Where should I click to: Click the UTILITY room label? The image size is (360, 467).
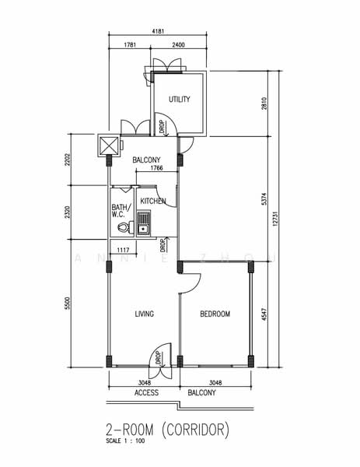180,100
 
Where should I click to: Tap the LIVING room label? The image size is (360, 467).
144,314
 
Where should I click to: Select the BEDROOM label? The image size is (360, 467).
215,314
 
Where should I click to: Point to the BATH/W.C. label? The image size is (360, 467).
120,211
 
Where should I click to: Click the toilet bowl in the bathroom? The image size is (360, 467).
121,228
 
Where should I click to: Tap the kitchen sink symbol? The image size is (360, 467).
144,225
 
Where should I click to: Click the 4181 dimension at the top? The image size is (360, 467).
158,32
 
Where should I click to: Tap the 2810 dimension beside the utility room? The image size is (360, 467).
264,104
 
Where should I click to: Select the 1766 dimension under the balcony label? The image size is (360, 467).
156,169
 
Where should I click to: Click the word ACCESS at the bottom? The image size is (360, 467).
146,393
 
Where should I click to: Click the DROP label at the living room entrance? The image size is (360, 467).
158,358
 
